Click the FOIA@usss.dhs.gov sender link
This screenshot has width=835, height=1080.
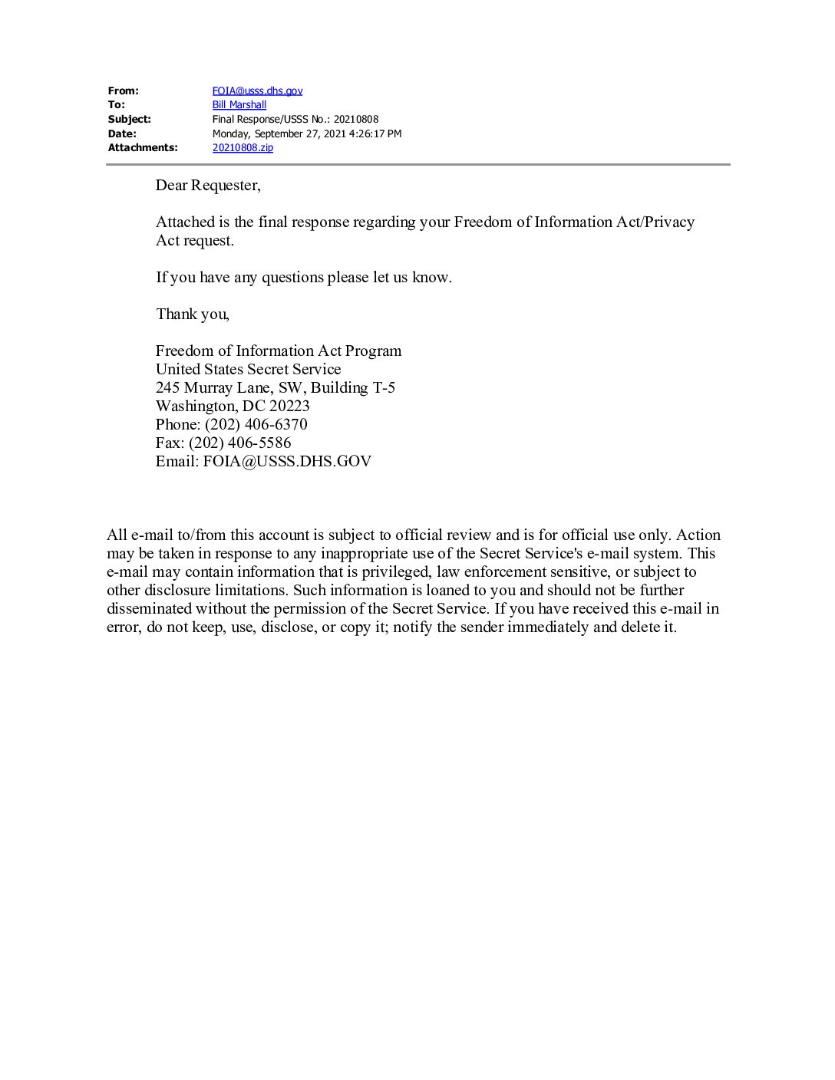point(257,91)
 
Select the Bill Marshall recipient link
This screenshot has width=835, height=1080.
point(239,104)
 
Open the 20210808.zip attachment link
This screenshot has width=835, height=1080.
point(243,147)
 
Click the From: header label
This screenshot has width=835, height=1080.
point(123,91)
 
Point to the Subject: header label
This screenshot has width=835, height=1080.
point(129,119)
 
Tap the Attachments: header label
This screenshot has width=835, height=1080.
point(142,147)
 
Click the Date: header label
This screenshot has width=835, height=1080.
point(122,133)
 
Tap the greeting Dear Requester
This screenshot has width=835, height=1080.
point(207,185)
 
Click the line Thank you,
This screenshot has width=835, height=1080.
point(192,314)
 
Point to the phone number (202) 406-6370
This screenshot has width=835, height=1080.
point(256,424)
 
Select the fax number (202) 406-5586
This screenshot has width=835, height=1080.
point(239,443)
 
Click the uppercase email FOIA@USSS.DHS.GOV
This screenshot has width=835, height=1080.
point(287,461)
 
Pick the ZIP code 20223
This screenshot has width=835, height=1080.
point(289,406)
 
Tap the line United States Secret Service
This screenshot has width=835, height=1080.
point(248,369)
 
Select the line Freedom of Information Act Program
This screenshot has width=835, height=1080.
point(278,351)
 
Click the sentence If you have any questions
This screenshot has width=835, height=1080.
point(303,277)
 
